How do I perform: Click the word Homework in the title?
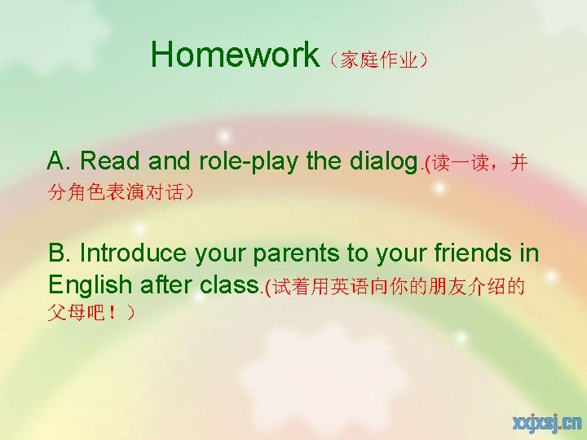(235, 55)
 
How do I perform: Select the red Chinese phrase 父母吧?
(87, 313)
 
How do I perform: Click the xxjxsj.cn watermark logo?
(546, 421)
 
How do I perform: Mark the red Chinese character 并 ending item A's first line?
(519, 163)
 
